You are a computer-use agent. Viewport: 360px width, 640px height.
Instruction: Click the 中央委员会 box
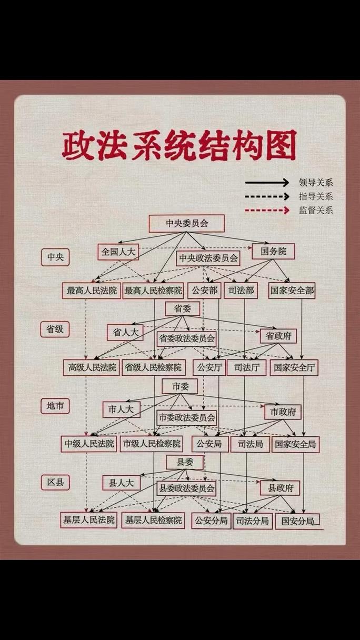[x=186, y=224]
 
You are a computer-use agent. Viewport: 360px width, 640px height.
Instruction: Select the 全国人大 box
[x=118, y=252]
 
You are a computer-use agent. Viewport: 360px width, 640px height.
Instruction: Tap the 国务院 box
[x=273, y=252]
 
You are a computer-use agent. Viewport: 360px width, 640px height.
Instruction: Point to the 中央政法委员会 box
[x=208, y=258]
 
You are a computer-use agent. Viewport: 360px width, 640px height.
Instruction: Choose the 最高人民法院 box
[x=92, y=291]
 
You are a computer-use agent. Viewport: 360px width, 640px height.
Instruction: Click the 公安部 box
[x=204, y=291]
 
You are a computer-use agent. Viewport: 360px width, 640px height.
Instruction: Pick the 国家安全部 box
[x=292, y=291]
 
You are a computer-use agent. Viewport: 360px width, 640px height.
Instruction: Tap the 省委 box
[x=183, y=308]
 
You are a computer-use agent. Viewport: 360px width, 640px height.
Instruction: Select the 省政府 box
[x=278, y=336]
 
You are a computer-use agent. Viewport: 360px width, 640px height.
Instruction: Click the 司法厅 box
[x=246, y=367]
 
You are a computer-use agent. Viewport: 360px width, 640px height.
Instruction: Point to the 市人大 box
[x=122, y=409]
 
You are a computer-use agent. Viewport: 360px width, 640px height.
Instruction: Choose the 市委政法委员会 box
[x=186, y=418]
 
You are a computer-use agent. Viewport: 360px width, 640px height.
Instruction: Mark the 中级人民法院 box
[x=89, y=444]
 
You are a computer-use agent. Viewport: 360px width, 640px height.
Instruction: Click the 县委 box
[x=185, y=462]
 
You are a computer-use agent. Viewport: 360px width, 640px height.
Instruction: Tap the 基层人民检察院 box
[x=153, y=520]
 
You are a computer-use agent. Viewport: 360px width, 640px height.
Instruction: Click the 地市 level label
[x=55, y=406]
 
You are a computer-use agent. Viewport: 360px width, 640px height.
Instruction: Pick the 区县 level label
[x=55, y=483]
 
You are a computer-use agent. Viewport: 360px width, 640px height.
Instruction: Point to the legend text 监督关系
[x=316, y=211]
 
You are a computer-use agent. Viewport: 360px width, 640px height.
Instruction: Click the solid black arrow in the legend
[x=267, y=183]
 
